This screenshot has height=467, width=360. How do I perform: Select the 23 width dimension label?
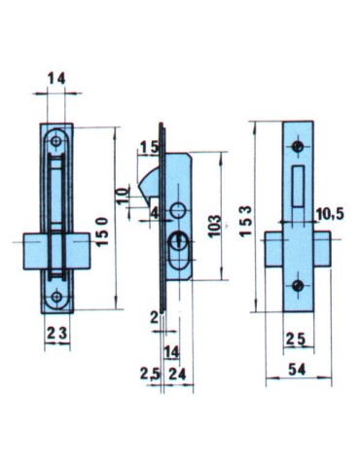(x=54, y=331)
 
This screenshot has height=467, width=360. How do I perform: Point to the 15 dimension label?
(x=147, y=148)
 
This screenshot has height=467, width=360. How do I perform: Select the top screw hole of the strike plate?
(x=298, y=147)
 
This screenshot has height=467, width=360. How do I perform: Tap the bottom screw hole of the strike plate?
(x=298, y=285)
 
